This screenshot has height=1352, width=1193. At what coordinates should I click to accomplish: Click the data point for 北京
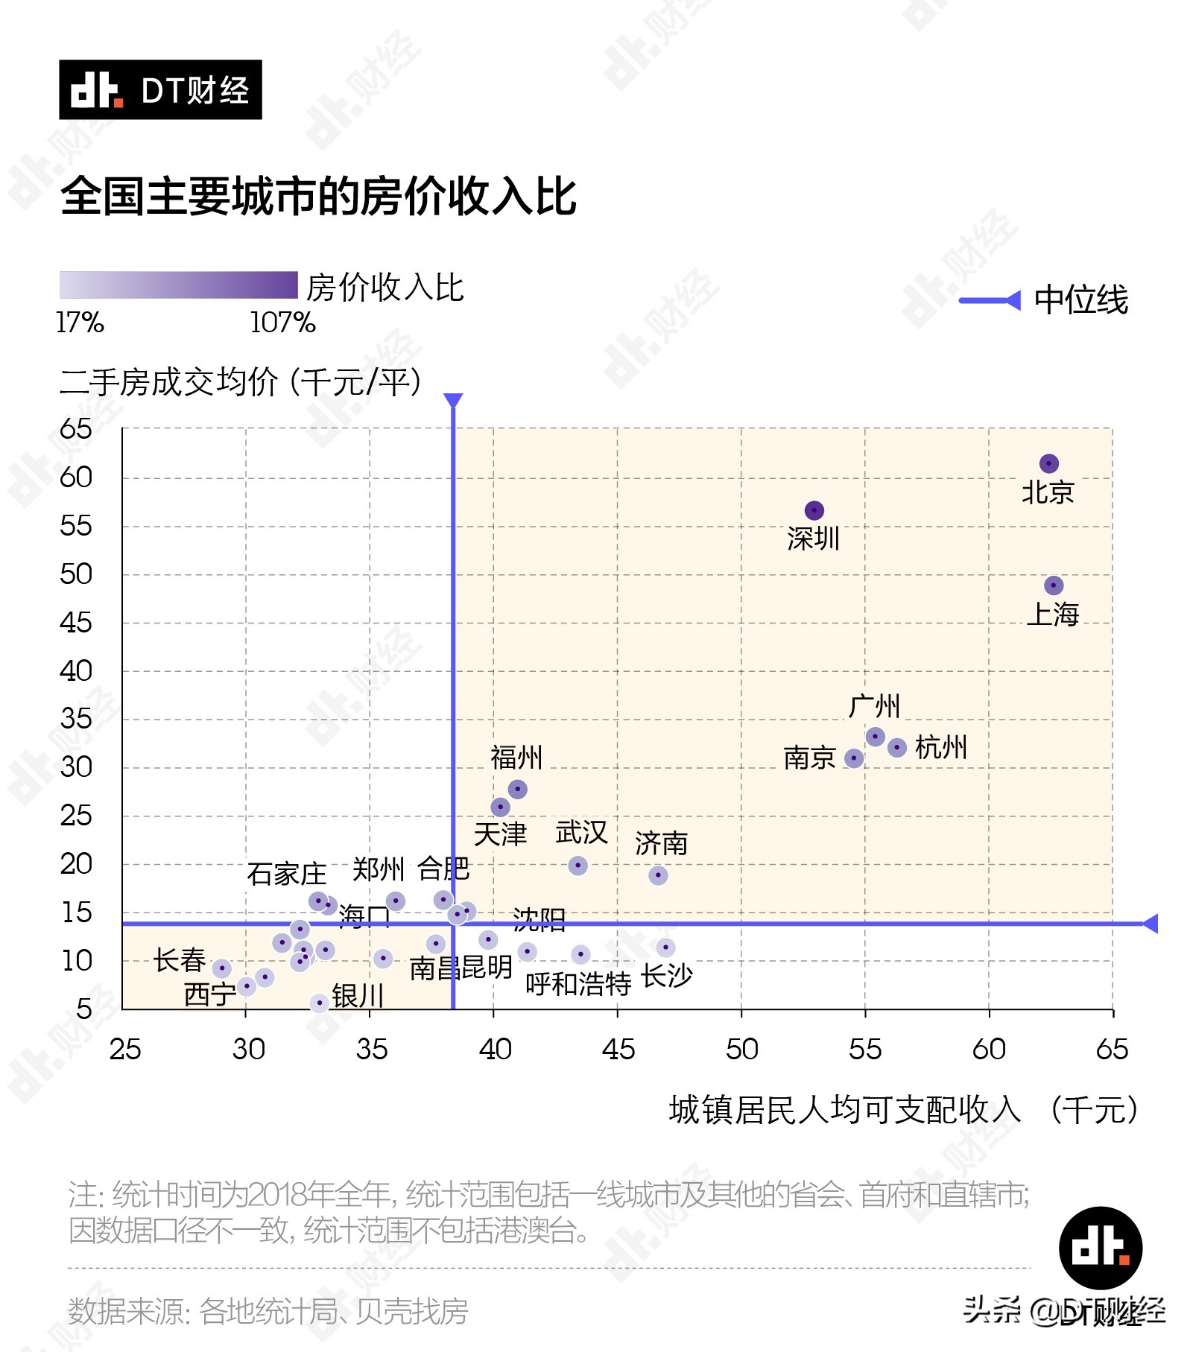pyautogui.click(x=1048, y=463)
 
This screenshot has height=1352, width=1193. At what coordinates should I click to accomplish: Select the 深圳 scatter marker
pyautogui.click(x=814, y=510)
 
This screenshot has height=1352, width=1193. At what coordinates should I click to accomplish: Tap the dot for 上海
pyautogui.click(x=1053, y=585)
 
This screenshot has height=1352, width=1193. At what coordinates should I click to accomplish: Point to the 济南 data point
pyautogui.click(x=657, y=875)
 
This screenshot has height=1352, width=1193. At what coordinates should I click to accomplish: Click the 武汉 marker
pyautogui.click(x=577, y=866)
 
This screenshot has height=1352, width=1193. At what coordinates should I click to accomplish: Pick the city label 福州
pyautogui.click(x=516, y=758)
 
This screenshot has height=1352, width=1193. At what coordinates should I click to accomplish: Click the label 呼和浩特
pyautogui.click(x=577, y=984)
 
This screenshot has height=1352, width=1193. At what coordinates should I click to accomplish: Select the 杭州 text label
pyautogui.click(x=940, y=747)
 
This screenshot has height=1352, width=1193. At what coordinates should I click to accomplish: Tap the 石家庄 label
pyautogui.click(x=286, y=874)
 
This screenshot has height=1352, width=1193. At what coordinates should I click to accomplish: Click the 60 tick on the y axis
pyautogui.click(x=75, y=477)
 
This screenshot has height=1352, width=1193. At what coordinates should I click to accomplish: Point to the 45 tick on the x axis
pyautogui.click(x=618, y=1050)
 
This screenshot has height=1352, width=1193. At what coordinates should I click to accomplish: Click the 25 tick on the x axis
pyautogui.click(x=124, y=1050)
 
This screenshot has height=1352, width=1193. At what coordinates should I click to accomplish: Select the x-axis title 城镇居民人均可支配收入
pyautogui.click(x=844, y=1110)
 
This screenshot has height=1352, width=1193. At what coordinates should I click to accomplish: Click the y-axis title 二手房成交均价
pyautogui.click(x=169, y=382)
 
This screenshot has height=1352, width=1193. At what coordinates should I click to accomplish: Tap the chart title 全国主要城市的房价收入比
pyautogui.click(x=318, y=197)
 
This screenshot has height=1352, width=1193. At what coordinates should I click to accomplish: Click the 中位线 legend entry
pyautogui.click(x=1080, y=300)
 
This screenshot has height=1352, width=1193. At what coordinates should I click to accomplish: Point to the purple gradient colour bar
pyautogui.click(x=178, y=285)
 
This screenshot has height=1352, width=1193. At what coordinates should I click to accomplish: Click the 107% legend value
pyautogui.click(x=282, y=323)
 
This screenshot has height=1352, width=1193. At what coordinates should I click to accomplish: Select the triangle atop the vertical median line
pyautogui.click(x=452, y=401)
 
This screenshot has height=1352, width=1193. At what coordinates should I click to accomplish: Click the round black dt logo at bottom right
pyautogui.click(x=1100, y=1248)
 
